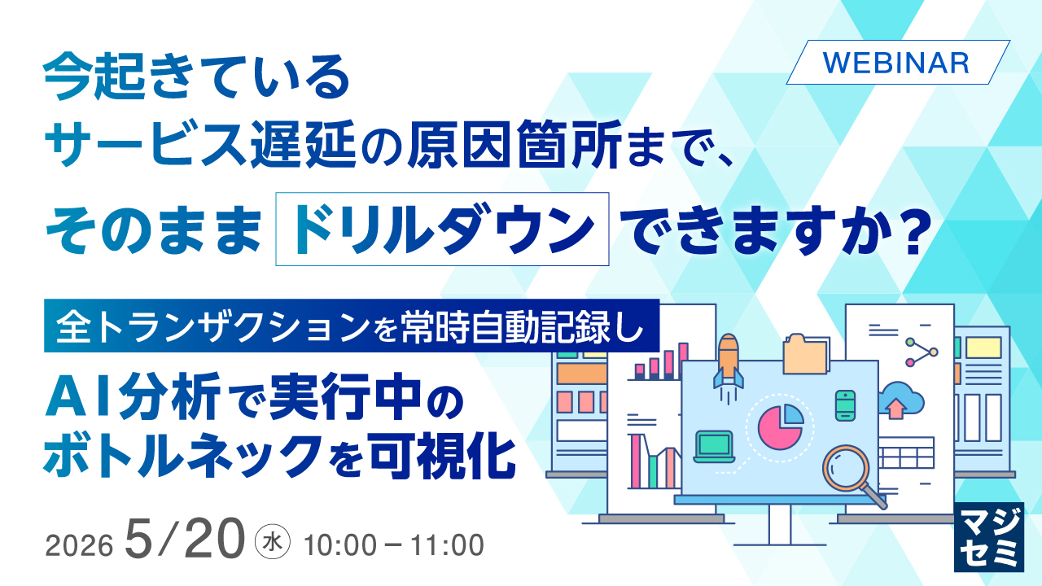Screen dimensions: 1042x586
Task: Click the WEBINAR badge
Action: pos(898,63)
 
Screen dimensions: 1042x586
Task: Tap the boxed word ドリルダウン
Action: pos(442,229)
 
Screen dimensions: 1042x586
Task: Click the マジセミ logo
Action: pos(988,536)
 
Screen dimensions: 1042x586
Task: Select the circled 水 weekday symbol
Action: pos(273,542)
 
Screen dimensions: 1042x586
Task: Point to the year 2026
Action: pos(79,545)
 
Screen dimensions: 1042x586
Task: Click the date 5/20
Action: pos(185,539)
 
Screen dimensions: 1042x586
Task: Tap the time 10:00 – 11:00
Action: pos(393,545)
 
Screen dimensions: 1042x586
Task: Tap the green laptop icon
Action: pos(714,447)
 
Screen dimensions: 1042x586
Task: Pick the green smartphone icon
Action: pos(845,405)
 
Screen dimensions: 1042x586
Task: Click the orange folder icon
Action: pos(805,354)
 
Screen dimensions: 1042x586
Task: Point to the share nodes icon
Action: pos(921,352)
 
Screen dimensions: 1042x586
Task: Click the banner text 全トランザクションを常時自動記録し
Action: pos(351,326)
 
